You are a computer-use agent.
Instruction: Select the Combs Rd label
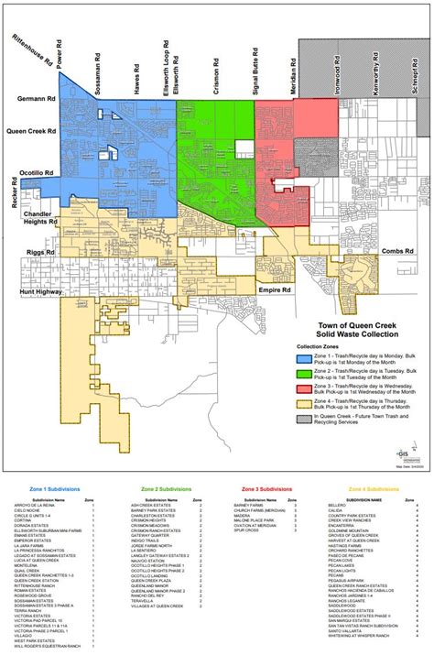[398, 250]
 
